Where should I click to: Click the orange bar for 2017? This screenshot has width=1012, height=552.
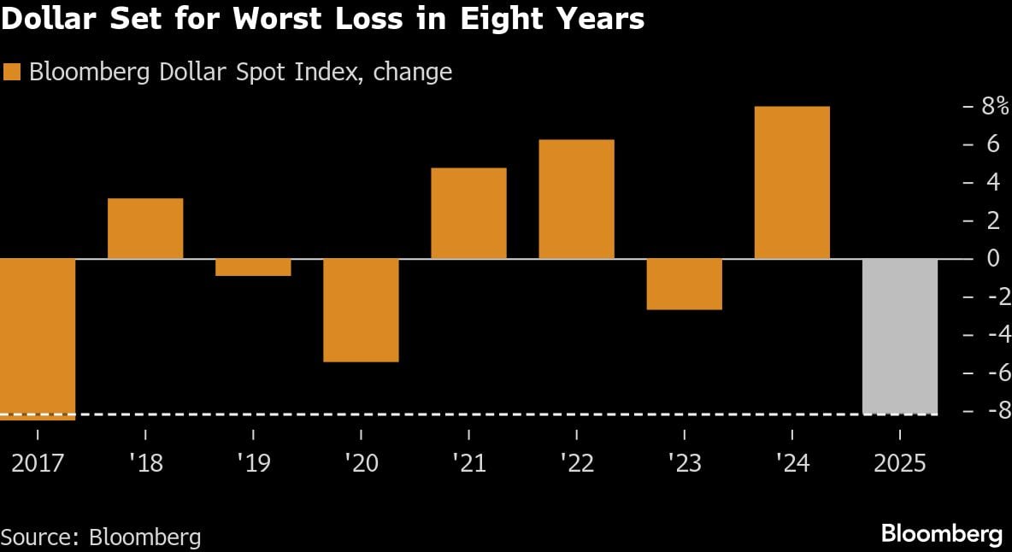[x=38, y=338]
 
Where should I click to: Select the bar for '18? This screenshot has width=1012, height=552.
[x=145, y=228]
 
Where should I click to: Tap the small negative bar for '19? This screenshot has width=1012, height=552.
[x=253, y=267]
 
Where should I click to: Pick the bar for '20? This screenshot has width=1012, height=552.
[x=361, y=309]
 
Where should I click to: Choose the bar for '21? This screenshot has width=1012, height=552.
[x=468, y=213]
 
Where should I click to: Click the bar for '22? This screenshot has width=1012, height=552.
[x=576, y=198]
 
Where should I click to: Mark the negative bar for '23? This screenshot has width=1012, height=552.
[x=684, y=284]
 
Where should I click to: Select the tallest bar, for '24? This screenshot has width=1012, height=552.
[x=791, y=182]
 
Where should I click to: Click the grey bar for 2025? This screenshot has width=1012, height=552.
[x=899, y=336]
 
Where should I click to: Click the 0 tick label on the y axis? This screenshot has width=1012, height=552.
[x=992, y=258]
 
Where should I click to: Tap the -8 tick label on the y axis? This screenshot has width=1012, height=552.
[x=991, y=411]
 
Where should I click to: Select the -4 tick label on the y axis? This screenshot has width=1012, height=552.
[x=991, y=334]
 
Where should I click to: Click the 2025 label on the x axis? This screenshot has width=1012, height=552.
[x=899, y=463]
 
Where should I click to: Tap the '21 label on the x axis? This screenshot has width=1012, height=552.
[x=468, y=463]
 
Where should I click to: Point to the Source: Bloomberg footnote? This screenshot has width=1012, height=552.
[x=101, y=537]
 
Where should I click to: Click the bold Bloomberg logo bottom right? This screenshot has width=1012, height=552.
[x=941, y=535]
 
